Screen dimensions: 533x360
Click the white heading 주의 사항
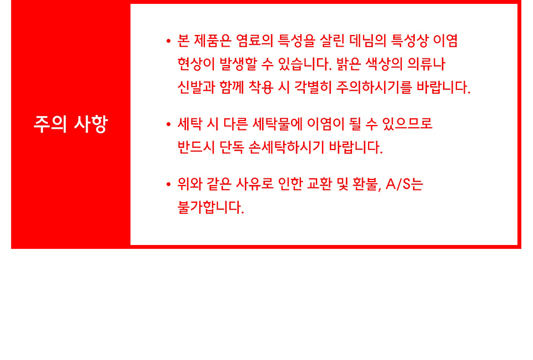(71, 124)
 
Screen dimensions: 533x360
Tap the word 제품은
(213, 41)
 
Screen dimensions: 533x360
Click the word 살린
(332, 41)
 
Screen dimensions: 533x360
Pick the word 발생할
(238, 64)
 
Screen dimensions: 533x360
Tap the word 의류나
(426, 64)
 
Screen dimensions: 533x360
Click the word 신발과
(197, 87)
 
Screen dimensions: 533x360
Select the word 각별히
(313, 87)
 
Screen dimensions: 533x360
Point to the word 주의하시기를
(374, 87)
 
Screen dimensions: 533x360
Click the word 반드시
(197, 147)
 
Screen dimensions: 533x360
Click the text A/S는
(404, 184)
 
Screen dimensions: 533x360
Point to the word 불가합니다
(211, 207)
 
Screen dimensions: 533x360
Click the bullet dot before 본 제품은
(168, 41)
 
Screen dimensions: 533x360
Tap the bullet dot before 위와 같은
(168, 185)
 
